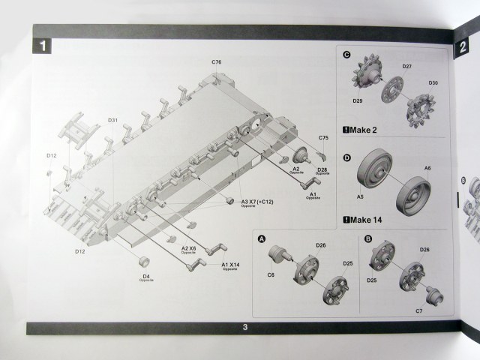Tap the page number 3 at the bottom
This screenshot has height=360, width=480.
click(245, 327)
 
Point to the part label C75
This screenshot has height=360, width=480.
click(323, 138)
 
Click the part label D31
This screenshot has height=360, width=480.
click(112, 120)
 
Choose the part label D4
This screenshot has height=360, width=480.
click(145, 277)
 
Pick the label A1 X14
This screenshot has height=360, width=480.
click(231, 265)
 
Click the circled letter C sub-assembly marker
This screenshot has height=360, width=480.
click(346, 55)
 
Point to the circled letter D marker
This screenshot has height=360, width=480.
click(346, 157)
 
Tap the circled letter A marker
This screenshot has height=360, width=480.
click(262, 238)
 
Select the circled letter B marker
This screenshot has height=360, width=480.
click(368, 238)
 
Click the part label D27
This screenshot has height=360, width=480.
click(406, 67)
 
